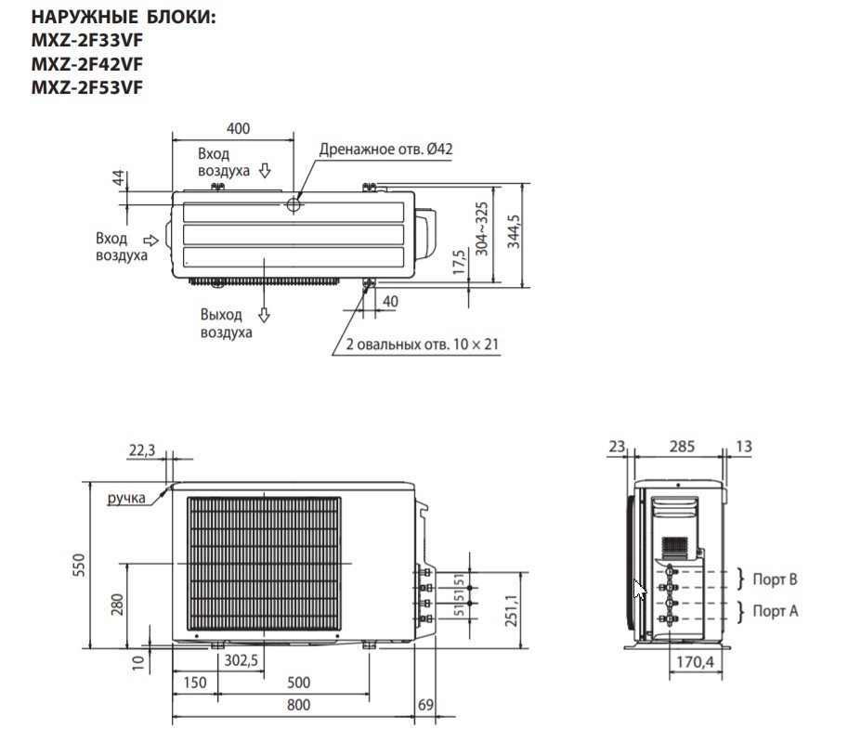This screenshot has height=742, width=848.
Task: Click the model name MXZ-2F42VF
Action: tap(87, 64)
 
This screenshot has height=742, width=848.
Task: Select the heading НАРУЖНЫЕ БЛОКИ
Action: tap(124, 17)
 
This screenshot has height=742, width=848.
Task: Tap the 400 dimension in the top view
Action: tap(238, 128)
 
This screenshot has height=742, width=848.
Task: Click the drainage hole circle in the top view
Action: tap(294, 205)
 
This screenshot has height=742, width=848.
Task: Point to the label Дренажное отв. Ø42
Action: tap(385, 149)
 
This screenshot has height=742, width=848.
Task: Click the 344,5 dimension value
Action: tap(514, 231)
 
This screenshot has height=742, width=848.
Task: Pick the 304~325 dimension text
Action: tap(481, 228)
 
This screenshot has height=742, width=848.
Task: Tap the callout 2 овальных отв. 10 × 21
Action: tap(422, 344)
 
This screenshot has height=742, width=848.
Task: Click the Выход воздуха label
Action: tap(226, 323)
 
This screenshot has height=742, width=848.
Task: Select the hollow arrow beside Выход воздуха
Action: tap(264, 315)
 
